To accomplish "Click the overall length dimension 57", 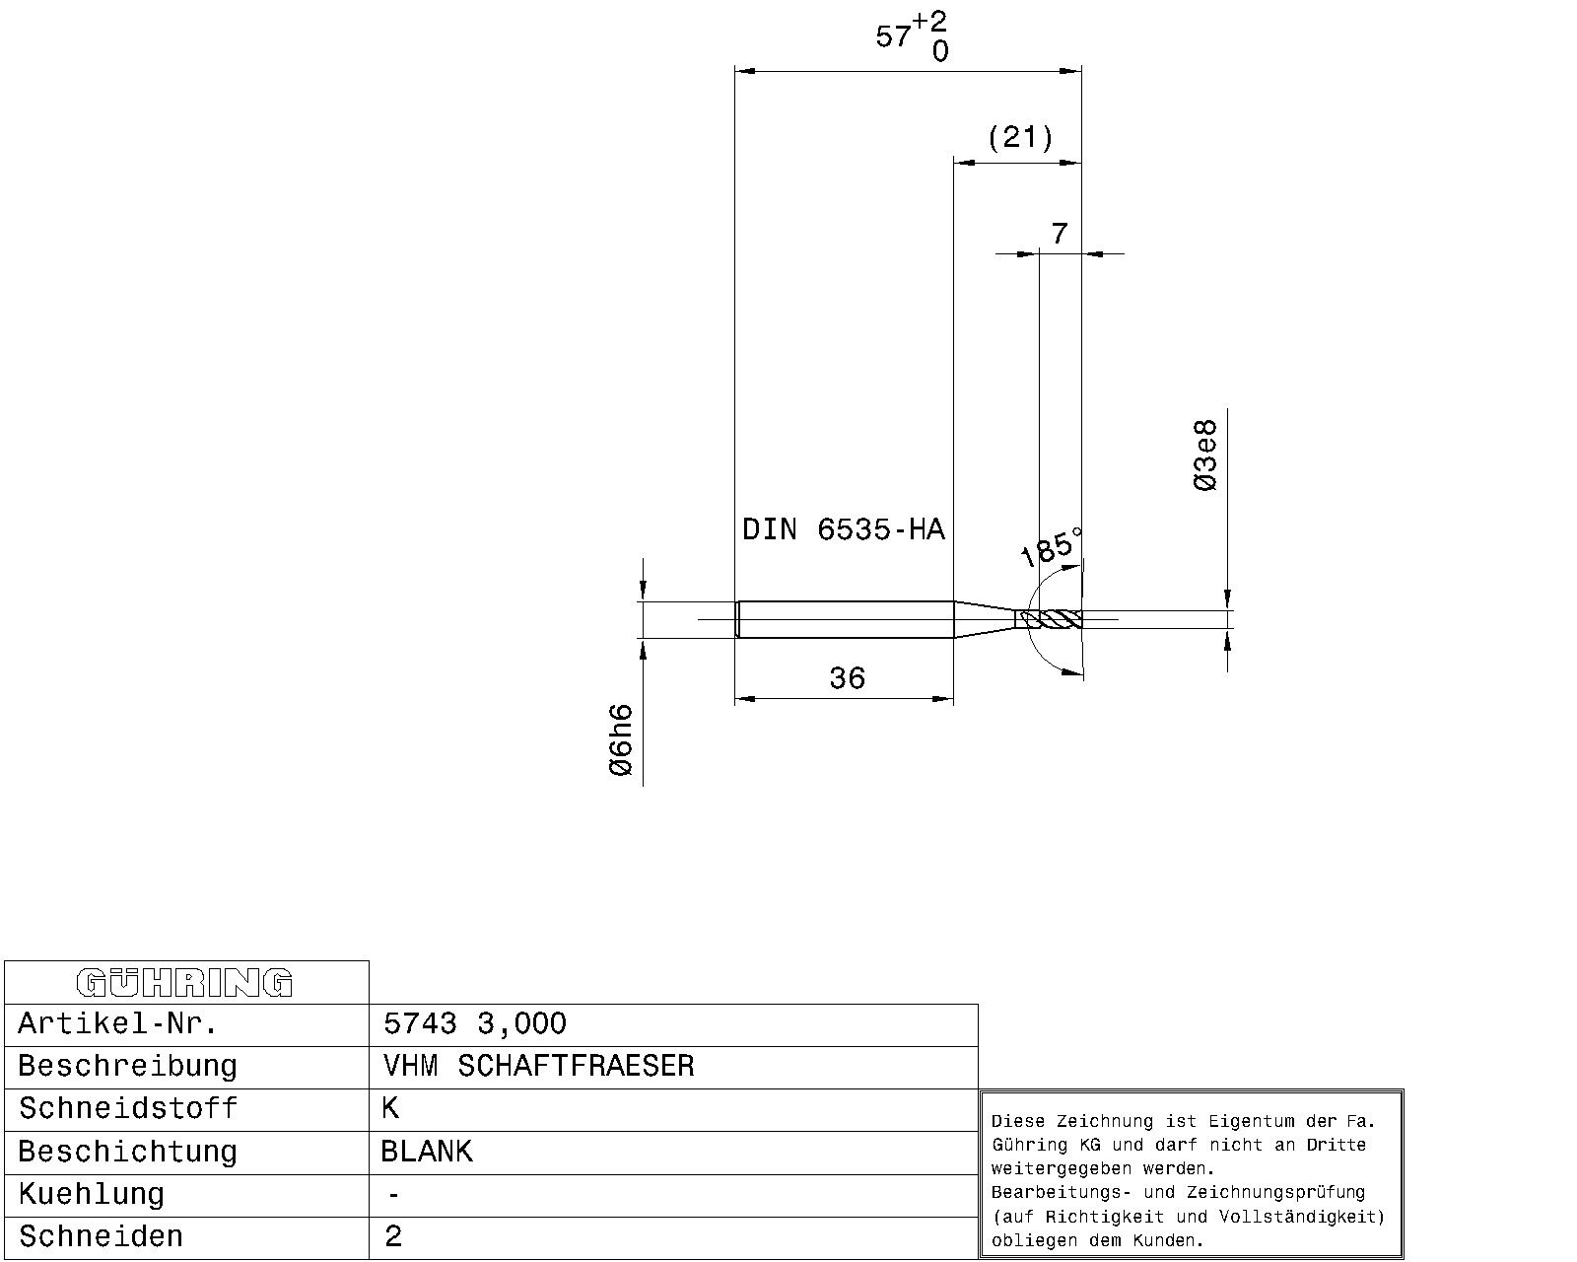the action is click(893, 35).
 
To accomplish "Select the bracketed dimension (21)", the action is click(1020, 137).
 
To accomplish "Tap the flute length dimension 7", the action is click(1060, 234).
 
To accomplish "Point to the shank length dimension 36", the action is click(847, 678).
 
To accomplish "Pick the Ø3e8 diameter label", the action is click(1204, 455).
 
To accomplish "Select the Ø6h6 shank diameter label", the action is click(621, 739).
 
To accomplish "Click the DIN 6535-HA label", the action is click(844, 529).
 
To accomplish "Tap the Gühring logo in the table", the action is click(184, 983).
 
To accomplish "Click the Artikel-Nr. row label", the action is click(118, 1023).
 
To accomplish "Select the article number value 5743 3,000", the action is click(475, 1023).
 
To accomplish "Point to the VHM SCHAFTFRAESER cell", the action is click(538, 1066).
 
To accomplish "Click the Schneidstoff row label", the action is click(128, 1108).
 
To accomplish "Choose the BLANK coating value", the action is click(427, 1152).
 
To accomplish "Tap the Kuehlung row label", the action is click(92, 1195).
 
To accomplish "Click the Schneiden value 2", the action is click(393, 1236).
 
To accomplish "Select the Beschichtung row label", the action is click(128, 1152).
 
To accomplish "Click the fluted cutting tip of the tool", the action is click(1051, 619).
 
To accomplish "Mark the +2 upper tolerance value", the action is click(929, 22).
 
